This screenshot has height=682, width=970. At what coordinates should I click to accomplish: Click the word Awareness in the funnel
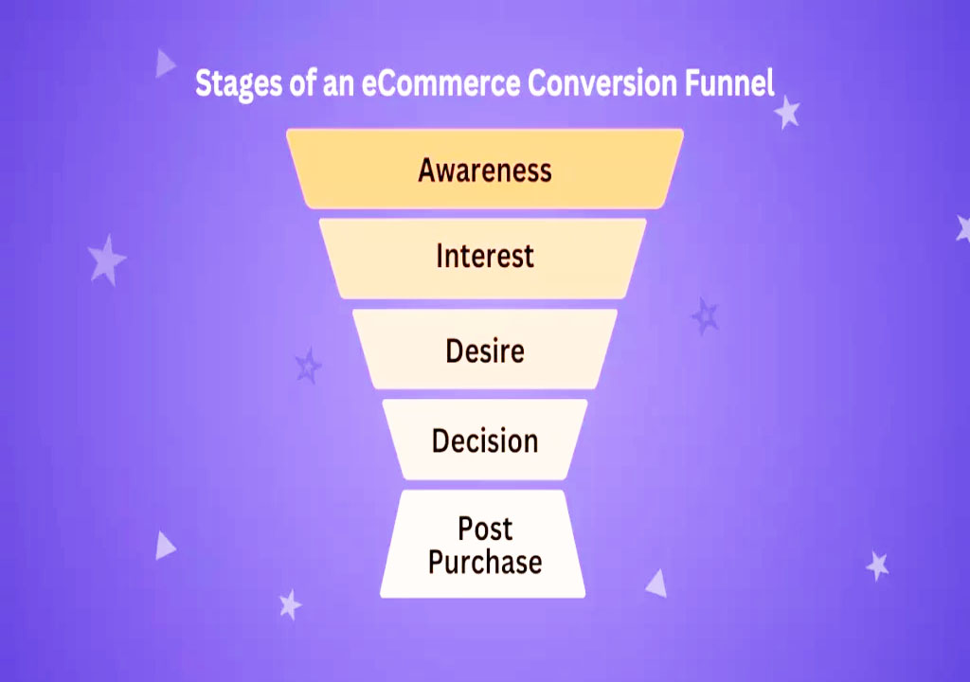[x=484, y=170]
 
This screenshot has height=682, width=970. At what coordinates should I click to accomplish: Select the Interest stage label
[x=485, y=256]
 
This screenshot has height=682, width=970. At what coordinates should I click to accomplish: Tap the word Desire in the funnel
[x=485, y=351]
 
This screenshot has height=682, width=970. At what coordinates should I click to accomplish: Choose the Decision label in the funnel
[x=485, y=440]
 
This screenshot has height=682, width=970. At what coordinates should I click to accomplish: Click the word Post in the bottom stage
[x=485, y=528]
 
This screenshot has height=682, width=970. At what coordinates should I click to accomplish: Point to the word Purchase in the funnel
[x=485, y=562]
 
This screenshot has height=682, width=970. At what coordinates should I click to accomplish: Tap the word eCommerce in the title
[x=441, y=83]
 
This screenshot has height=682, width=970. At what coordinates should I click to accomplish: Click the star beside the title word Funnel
[x=786, y=113]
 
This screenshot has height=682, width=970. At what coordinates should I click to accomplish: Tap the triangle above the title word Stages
[x=165, y=63]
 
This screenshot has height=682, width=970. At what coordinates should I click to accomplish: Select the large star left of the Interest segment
[x=107, y=260]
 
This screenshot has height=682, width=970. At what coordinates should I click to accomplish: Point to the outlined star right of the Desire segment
[x=705, y=315]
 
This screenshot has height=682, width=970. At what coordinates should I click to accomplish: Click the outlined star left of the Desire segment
[x=308, y=365]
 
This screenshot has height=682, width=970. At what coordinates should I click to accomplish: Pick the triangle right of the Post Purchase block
[x=656, y=583]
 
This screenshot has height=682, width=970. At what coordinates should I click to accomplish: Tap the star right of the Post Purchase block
[x=877, y=565]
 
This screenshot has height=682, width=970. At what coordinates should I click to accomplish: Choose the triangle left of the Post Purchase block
[x=165, y=545]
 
